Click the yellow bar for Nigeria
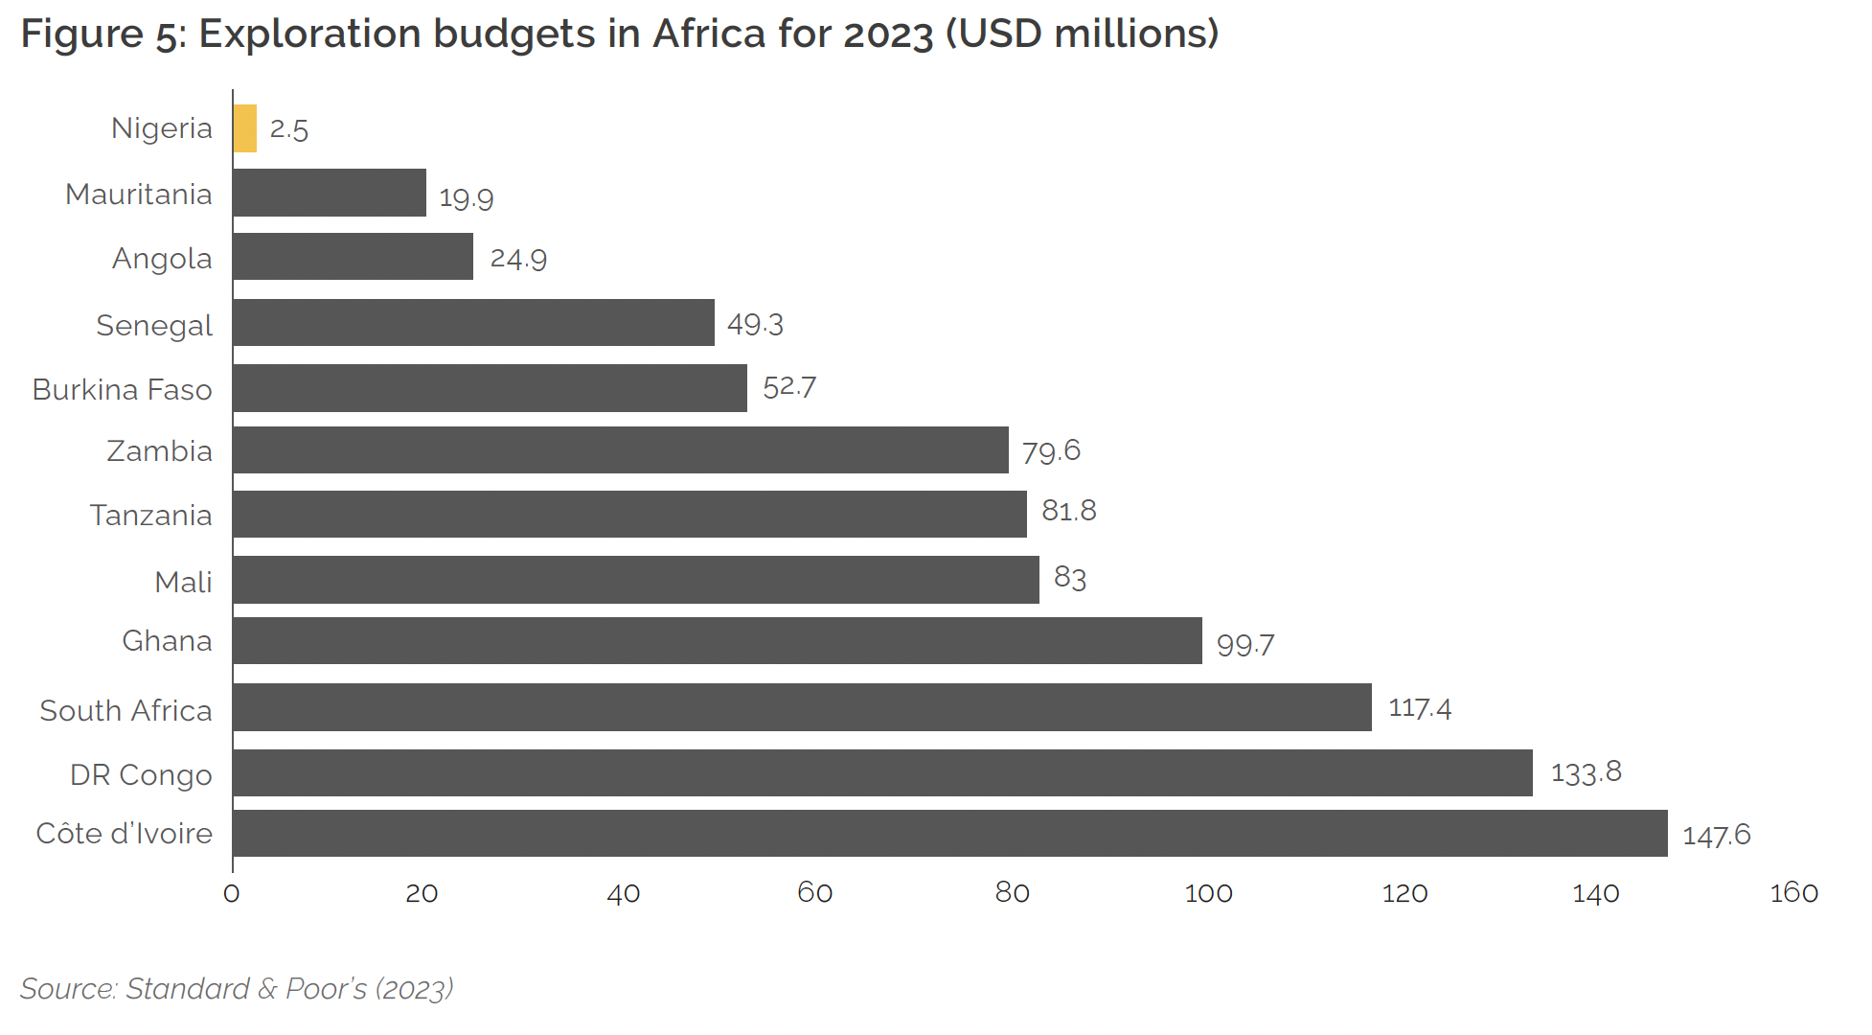(x=245, y=128)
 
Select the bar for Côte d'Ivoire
(x=948, y=833)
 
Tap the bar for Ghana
(x=717, y=640)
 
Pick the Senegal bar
(x=473, y=322)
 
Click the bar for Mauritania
(x=330, y=193)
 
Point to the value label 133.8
(x=1586, y=772)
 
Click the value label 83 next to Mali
(x=1069, y=578)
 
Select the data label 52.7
(x=788, y=387)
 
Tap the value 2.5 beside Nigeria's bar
(x=288, y=129)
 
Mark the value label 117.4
(x=1419, y=708)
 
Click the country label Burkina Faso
(x=122, y=390)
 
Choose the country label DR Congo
(x=141, y=774)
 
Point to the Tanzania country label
(x=150, y=516)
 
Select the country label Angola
(x=162, y=259)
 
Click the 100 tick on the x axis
(x=1208, y=893)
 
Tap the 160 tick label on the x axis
(x=1792, y=893)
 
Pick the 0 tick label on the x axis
(x=231, y=893)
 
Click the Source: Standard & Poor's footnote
(x=236, y=988)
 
